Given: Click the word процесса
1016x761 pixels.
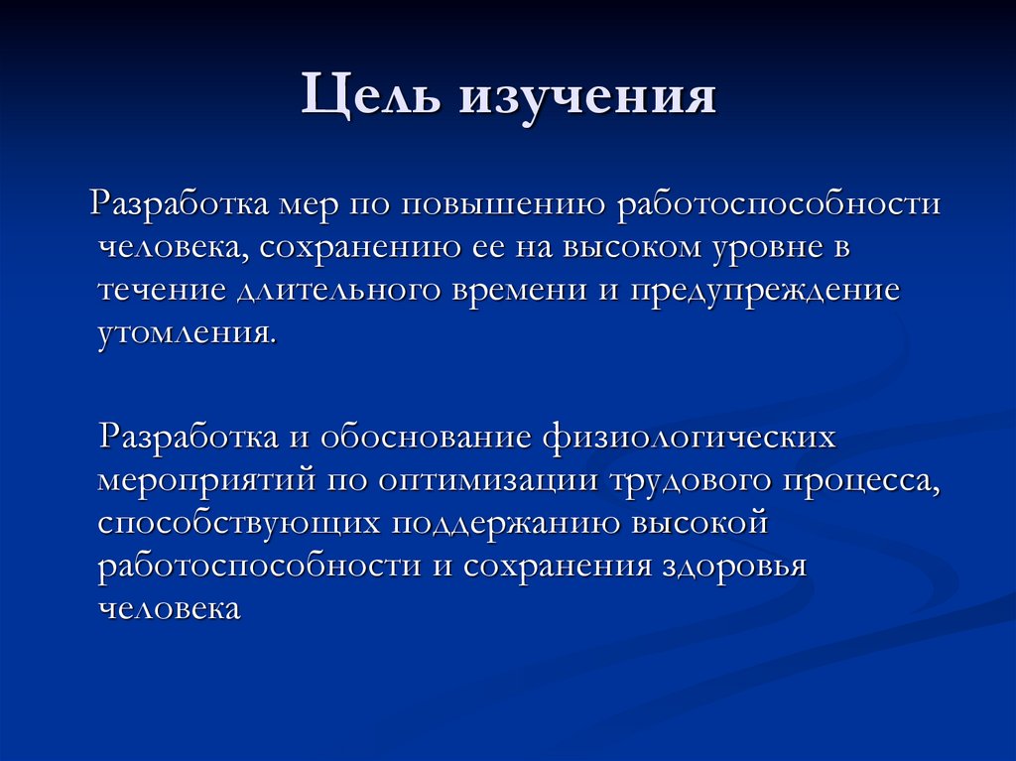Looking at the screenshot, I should pos(862,480).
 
